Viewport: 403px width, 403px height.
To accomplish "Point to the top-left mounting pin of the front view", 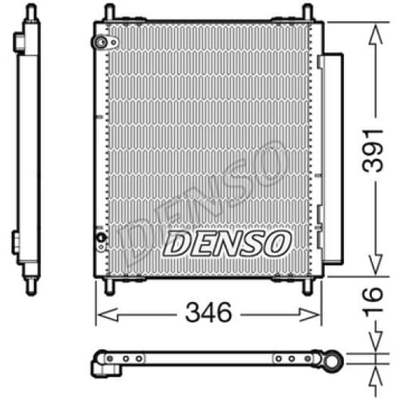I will [x=110, y=13].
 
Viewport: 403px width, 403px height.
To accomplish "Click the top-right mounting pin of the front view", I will [x=307, y=13].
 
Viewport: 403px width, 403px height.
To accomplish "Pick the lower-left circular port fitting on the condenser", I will [x=102, y=243].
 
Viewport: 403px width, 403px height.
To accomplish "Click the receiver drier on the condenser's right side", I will [x=330, y=152].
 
